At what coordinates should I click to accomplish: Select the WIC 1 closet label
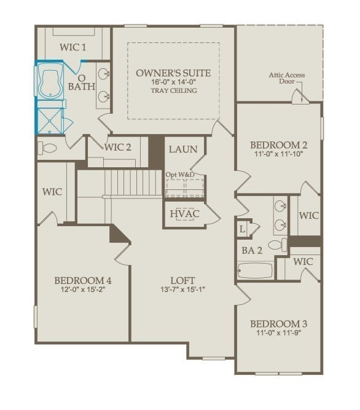tap(72, 47)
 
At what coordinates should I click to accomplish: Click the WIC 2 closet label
tap(118, 147)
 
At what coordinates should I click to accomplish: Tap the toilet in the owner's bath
tap(48, 148)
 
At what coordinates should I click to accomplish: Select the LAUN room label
tap(182, 149)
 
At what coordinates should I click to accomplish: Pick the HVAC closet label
tap(185, 214)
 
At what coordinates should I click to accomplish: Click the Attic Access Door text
tap(286, 79)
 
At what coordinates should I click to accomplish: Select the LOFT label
tap(182, 280)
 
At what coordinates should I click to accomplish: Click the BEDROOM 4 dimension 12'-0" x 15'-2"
tap(82, 290)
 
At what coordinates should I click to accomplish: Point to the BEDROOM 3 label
tap(278, 323)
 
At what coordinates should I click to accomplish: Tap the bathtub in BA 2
tap(255, 270)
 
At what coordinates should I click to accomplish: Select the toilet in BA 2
tap(278, 245)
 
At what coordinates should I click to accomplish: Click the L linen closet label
tap(243, 229)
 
